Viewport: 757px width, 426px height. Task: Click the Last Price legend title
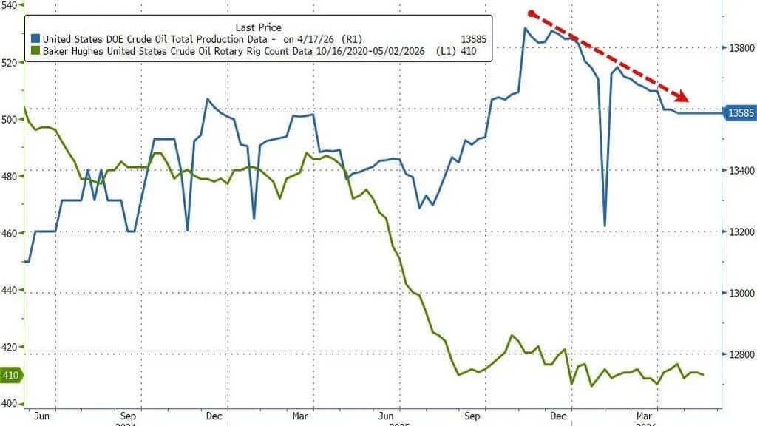[x=258, y=27]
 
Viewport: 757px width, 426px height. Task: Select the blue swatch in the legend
[x=35, y=39]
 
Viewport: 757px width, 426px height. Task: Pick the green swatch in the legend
[x=35, y=52]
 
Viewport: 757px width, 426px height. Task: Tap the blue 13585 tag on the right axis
[x=740, y=113]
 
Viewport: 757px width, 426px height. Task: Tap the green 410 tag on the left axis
[x=10, y=375]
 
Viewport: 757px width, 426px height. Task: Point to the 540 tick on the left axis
[x=10, y=5]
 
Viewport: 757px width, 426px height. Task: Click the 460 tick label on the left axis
[x=10, y=233]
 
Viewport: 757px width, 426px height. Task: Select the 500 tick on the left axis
[x=10, y=119]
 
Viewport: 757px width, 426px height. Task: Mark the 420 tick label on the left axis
[x=10, y=347]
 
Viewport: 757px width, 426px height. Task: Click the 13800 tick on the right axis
[x=741, y=48]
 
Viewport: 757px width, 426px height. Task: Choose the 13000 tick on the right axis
[x=741, y=294]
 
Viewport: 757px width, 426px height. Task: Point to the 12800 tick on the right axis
[x=741, y=355]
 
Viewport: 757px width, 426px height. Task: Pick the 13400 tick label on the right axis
[x=741, y=171]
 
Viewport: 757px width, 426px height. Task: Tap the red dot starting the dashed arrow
[x=531, y=13]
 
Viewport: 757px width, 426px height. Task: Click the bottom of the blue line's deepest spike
[x=605, y=226]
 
